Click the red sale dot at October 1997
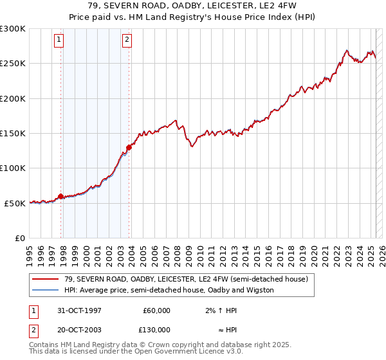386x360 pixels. [x=61, y=196]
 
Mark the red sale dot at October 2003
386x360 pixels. [x=129, y=147]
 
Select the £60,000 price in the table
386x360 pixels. [x=156, y=310]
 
